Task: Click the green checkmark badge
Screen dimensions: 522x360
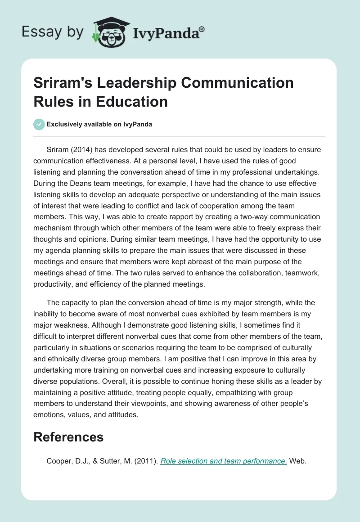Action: (x=39, y=125)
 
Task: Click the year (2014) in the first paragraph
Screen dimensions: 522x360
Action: (x=81, y=149)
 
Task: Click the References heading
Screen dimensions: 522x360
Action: (x=69, y=436)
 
